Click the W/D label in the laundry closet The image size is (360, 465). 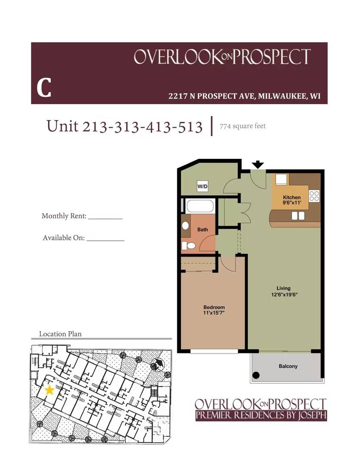203,186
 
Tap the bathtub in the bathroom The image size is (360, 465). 200,206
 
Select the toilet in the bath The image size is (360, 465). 189,245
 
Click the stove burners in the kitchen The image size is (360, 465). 314,196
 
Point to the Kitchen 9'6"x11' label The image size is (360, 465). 292,200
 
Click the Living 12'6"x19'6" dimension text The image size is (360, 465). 284,291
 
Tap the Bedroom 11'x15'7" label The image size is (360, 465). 214,310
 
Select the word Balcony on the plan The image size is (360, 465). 288,366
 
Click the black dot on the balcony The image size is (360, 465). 256,375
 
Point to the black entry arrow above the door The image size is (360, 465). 258,164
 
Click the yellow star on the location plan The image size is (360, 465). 49,390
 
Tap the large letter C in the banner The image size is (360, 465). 44,88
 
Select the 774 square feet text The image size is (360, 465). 243,126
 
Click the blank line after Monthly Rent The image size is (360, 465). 105,219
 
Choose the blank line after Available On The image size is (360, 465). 105,241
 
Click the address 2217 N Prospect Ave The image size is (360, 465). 212,96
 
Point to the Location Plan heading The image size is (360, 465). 60,334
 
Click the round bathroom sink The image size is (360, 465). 185,226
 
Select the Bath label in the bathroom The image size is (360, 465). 203,229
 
